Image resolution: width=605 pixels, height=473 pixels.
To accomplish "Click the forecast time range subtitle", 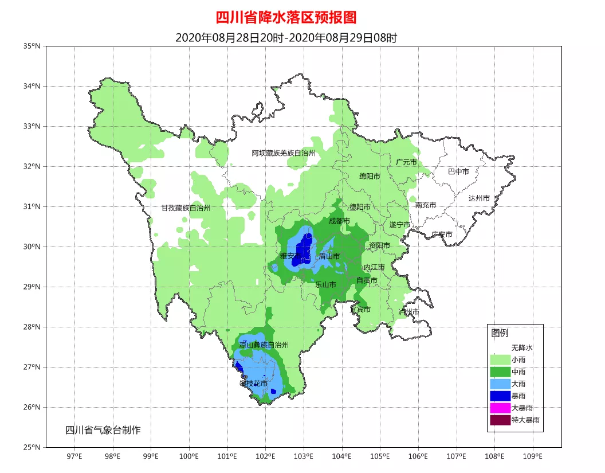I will (286, 38).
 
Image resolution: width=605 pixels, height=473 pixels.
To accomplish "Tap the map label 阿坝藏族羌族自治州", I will (284, 153).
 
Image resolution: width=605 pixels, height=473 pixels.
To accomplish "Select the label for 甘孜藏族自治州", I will (186, 208).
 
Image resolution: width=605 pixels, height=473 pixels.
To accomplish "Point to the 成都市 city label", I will (339, 221).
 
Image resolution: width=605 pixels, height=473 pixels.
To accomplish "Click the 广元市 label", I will (406, 162).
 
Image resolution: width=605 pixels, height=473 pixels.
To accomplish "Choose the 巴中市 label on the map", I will (458, 171).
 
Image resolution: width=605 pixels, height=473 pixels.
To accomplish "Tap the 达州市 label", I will (479, 198).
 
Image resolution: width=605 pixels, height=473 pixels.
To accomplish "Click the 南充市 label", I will (426, 205).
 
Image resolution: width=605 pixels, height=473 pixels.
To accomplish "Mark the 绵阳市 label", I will (370, 177).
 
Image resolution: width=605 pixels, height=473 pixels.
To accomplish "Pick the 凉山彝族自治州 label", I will (264, 345).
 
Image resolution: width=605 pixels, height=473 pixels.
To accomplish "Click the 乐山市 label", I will (325, 284).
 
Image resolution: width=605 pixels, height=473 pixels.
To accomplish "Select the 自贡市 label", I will (367, 280).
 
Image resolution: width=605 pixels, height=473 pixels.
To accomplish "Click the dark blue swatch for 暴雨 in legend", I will (500, 396).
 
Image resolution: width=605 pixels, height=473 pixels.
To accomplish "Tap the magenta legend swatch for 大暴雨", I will (500, 408).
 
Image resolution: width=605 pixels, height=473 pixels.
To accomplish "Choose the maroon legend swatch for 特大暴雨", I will (500, 420).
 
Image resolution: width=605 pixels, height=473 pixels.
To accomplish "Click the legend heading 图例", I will (499, 333).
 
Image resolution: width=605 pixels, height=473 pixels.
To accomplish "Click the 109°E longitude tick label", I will (533, 456).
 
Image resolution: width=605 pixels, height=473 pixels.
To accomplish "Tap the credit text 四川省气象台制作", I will (103, 430).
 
